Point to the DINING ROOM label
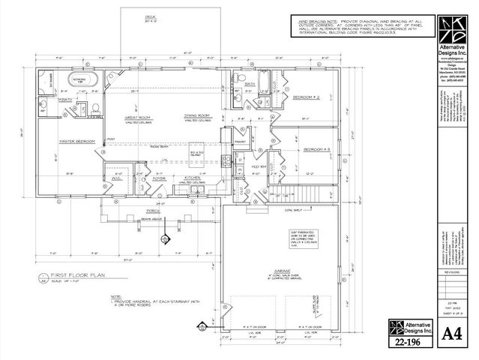(196, 115)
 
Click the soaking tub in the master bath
(77, 79)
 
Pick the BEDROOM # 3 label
(318, 150)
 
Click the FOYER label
(160, 178)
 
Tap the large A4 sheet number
(449, 331)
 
